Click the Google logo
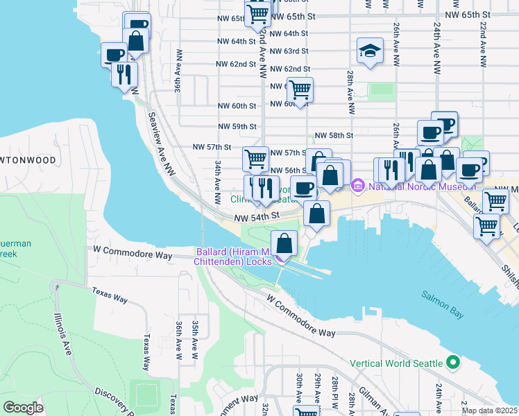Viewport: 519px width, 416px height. click(x=24, y=408)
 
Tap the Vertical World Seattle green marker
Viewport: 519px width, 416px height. click(x=454, y=363)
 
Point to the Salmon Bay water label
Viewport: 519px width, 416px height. click(x=442, y=295)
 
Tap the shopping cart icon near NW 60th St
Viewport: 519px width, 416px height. click(x=300, y=89)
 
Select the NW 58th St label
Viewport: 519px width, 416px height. click(x=334, y=136)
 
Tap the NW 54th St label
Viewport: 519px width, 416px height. click(x=256, y=216)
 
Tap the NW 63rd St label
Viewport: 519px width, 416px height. click(x=289, y=51)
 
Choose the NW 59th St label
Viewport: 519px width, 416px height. click(x=237, y=127)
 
